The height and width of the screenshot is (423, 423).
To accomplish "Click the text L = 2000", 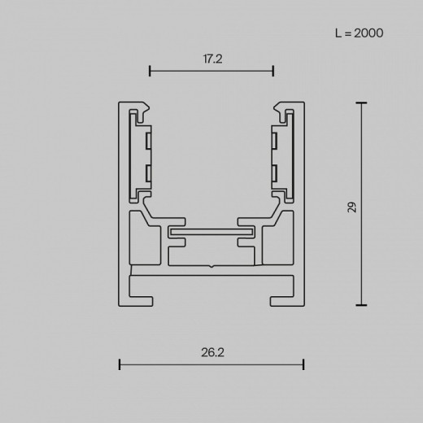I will pyautogui.click(x=359, y=33).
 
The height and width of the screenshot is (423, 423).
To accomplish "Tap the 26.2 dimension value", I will pyautogui.click(x=211, y=352).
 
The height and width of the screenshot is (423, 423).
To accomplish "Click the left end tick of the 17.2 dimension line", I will pyautogui.click(x=150, y=72).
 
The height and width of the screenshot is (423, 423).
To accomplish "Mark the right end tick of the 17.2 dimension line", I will pyautogui.click(x=273, y=72).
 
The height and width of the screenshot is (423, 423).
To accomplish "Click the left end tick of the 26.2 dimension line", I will pyautogui.click(x=120, y=364).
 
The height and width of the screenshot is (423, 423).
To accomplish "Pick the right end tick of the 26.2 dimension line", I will pyautogui.click(x=303, y=364).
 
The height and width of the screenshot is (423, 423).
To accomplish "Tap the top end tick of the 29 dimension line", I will pyautogui.click(x=360, y=103).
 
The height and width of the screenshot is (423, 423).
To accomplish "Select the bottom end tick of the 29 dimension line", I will pyautogui.click(x=360, y=306).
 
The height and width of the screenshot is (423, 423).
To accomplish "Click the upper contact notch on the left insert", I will pyautogui.click(x=148, y=142).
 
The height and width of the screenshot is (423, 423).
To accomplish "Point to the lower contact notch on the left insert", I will pyautogui.click(x=148, y=172).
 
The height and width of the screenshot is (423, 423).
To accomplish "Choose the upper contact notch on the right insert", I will pyautogui.click(x=275, y=142).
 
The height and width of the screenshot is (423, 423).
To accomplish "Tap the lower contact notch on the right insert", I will pyautogui.click(x=275, y=172).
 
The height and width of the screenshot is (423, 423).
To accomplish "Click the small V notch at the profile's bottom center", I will pyautogui.click(x=211, y=266).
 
